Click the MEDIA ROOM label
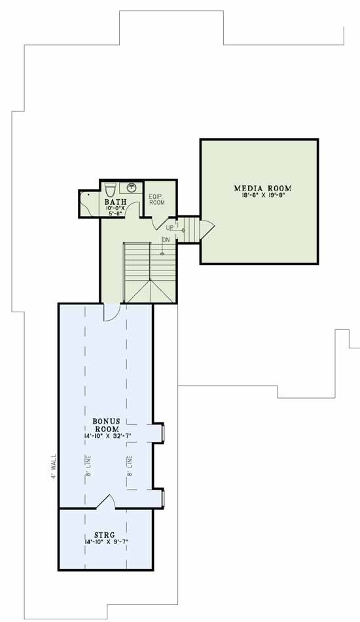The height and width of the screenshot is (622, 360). coord(262,189)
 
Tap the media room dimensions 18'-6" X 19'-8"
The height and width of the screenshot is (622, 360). coord(262,196)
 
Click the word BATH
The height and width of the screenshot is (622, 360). coord(117,202)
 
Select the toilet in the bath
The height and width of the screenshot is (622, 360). coord(110,189)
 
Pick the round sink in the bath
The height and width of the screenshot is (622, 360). coord(132,187)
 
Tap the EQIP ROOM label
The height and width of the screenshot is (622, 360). coord(156,199)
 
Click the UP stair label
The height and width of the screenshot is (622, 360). coord(170,227)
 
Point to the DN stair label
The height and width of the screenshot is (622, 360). coord(166,240)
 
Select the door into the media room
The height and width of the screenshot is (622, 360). coord(206,229)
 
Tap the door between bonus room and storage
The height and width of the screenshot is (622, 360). coord(105,502)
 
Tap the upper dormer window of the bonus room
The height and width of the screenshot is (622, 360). coord(163,433)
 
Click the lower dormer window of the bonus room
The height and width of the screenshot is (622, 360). coord(163,498)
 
